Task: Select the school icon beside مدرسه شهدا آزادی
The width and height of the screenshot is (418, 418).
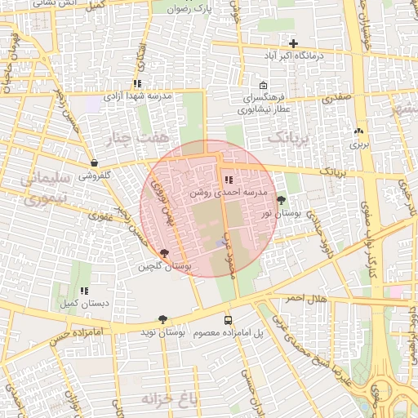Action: coord(137,83)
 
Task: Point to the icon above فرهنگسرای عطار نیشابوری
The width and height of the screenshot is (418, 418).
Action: coord(263,86)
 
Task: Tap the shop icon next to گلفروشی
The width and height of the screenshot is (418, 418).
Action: coord(96,163)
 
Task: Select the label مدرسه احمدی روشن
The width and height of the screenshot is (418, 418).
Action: coord(227,193)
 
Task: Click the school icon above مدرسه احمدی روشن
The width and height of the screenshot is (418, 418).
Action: coord(228,180)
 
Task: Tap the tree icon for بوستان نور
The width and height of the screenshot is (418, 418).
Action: coord(282,200)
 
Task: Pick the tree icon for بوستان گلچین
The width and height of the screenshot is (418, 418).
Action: coord(166,254)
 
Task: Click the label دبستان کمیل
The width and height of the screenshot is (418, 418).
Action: coord(84,304)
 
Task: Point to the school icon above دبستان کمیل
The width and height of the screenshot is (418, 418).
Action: coord(84,291)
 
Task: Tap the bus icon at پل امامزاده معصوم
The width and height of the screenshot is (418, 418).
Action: coord(228,320)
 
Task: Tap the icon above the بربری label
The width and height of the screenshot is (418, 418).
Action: coord(358,131)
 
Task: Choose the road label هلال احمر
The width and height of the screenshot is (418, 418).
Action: coord(305,299)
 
